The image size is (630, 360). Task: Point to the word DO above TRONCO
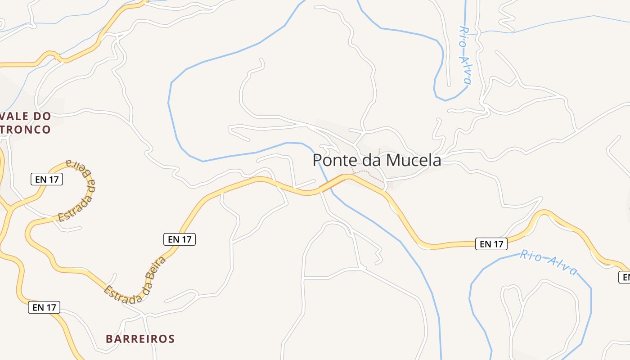click(x=42, y=116)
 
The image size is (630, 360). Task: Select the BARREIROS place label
click(x=140, y=339)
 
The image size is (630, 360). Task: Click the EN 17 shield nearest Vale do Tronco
click(x=47, y=179)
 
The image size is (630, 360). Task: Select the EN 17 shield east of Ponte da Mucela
click(x=491, y=244)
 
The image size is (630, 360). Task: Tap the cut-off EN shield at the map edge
click(x=625, y=277)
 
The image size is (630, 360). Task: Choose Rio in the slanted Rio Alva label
click(x=530, y=256)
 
